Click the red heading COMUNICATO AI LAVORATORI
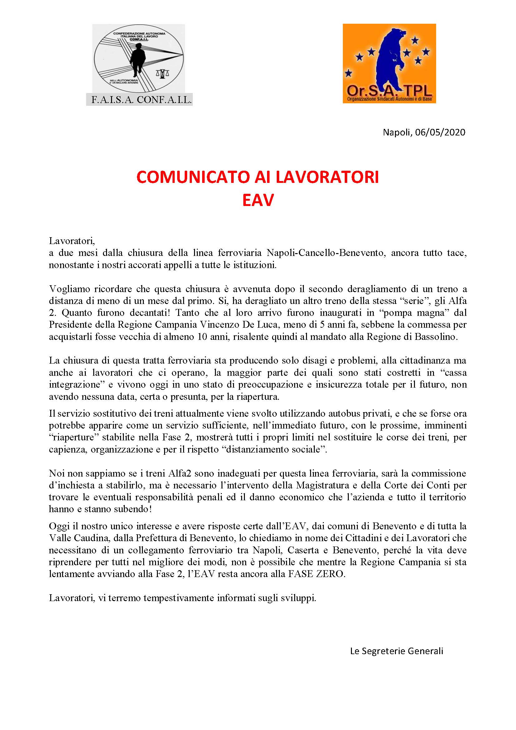pos(258,177)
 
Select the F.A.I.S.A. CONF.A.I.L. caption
pos(139,100)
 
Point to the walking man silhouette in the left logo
pos(139,60)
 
